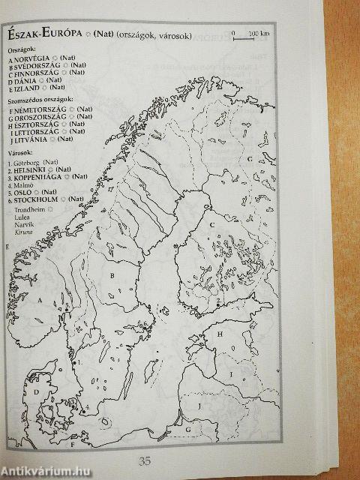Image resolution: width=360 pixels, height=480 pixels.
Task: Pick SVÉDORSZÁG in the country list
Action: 35,66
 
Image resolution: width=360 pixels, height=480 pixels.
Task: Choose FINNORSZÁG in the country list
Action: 36,73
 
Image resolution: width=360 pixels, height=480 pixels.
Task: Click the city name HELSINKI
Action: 31,170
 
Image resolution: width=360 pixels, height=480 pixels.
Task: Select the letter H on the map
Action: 220,332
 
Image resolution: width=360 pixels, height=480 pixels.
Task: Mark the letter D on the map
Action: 34,391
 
